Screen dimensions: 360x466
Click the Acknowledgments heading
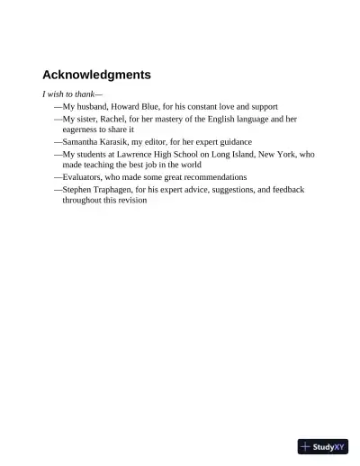pos(96,75)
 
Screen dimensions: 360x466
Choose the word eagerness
pos(83,130)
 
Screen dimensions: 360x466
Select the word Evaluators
pos(83,177)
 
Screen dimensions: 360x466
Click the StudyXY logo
pos(322,446)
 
